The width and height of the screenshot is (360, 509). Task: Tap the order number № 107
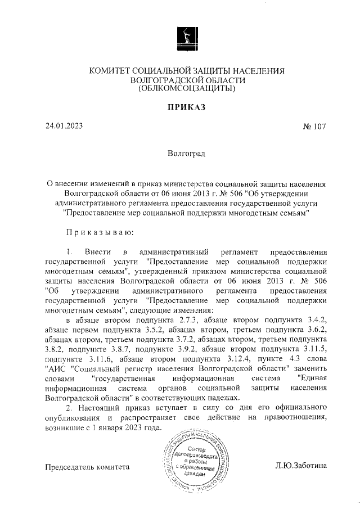pyautogui.click(x=314, y=127)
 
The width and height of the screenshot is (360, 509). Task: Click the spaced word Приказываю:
pyautogui.click(x=100, y=231)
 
